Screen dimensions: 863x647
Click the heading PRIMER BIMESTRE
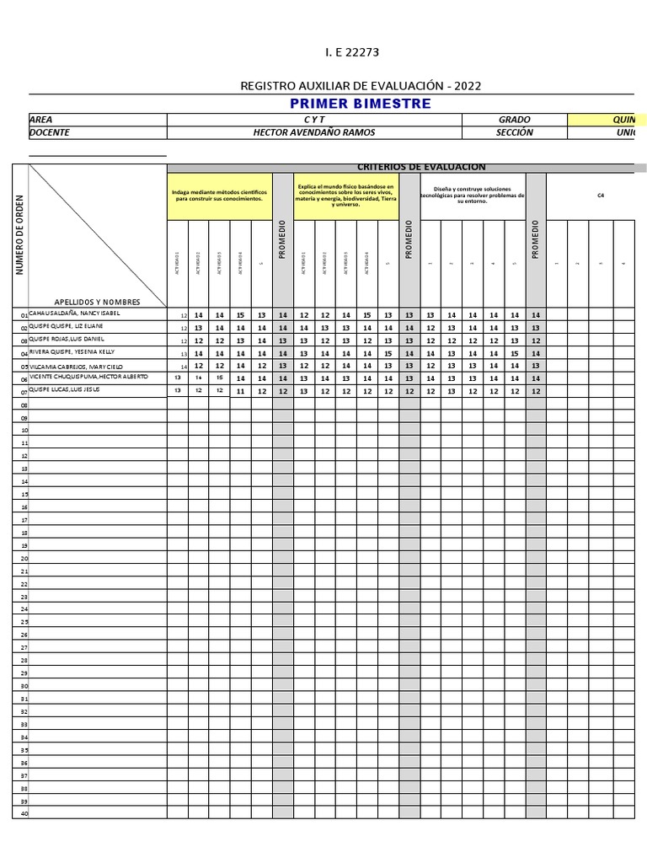(360, 104)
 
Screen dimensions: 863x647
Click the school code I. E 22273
(352, 52)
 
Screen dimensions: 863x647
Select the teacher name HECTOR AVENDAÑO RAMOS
(314, 132)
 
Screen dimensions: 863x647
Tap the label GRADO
(514, 120)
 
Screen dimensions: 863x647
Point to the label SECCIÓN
(514, 132)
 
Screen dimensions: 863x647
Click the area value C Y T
(314, 120)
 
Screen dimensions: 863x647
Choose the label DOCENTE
(50, 132)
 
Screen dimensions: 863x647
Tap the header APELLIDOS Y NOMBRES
(97, 301)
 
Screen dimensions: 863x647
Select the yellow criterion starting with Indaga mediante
(219, 196)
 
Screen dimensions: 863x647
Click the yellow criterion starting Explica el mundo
(345, 196)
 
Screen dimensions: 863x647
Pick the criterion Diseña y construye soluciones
(473, 196)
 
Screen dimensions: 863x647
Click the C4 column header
(601, 196)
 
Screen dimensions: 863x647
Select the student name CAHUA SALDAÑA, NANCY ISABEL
(75, 314)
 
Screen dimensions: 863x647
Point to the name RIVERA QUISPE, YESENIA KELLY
(72, 351)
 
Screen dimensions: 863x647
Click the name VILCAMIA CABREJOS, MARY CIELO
(76, 367)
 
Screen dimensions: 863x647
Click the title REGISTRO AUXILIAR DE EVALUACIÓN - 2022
(361, 86)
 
